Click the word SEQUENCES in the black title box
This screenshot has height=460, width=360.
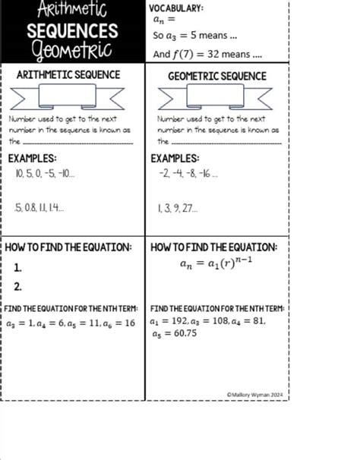(x=72, y=31)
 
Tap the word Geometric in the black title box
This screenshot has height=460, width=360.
(x=72, y=51)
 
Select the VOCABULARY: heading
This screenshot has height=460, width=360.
(x=176, y=8)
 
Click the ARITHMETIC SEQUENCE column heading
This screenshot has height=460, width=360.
(x=68, y=75)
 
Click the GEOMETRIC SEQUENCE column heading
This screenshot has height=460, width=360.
(x=217, y=76)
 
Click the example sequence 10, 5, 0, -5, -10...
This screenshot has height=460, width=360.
(x=45, y=174)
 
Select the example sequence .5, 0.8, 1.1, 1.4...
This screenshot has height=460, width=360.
(x=39, y=206)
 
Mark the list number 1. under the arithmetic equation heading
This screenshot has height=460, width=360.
(x=17, y=268)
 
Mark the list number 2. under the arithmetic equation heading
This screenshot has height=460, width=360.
(x=17, y=286)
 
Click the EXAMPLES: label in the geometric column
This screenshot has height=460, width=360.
(x=175, y=158)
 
